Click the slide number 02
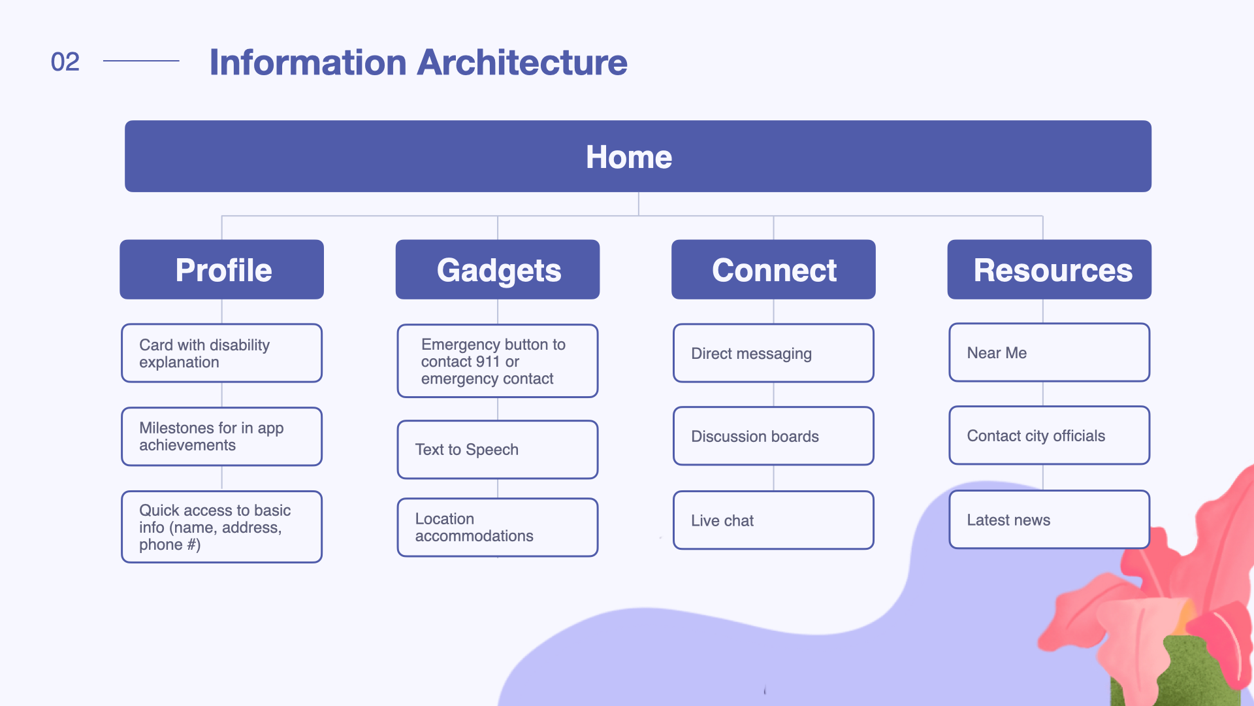(x=65, y=61)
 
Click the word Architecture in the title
(x=522, y=62)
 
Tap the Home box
(x=638, y=156)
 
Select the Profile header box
(x=222, y=269)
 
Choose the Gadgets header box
(x=498, y=269)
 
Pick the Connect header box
(x=773, y=269)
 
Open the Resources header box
(x=1050, y=269)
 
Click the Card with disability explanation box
(x=222, y=353)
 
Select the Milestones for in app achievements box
(x=222, y=437)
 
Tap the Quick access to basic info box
(x=222, y=527)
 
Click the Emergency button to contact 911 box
(x=498, y=361)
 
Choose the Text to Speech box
(x=498, y=450)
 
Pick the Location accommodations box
(x=498, y=528)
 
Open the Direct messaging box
(x=773, y=353)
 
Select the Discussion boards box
(x=773, y=436)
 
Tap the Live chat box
(x=773, y=520)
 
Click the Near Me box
(x=1050, y=352)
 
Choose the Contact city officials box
(x=1050, y=435)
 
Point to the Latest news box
(x=1050, y=520)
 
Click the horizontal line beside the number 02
(x=141, y=61)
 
